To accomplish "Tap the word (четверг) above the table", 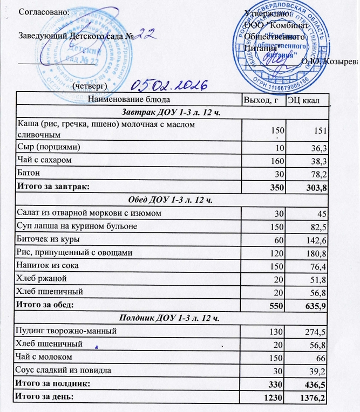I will tap(90, 86).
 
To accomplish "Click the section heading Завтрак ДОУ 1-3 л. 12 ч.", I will tap(171, 112).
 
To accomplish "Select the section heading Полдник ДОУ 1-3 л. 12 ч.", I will tap(171, 317).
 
